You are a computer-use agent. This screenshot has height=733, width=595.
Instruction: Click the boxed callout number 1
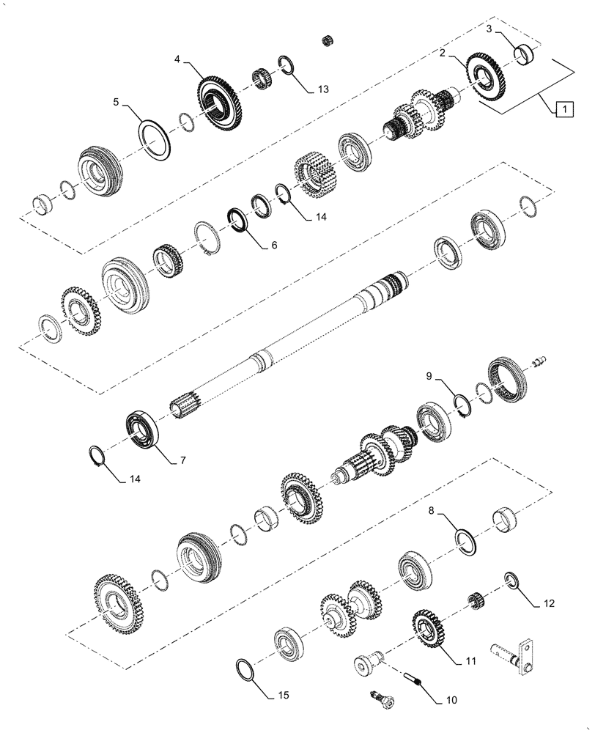point(563,110)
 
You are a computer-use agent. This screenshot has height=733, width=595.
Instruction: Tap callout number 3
point(489,29)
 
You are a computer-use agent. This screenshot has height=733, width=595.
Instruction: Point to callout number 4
point(177,59)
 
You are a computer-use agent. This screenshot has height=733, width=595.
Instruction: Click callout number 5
point(116,103)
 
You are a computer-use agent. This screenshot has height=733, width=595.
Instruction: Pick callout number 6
point(273,246)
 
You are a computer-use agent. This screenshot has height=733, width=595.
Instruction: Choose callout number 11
point(470,660)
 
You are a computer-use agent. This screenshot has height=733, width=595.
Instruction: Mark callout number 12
point(549,605)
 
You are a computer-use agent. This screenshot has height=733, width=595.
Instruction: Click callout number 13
point(323,89)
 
